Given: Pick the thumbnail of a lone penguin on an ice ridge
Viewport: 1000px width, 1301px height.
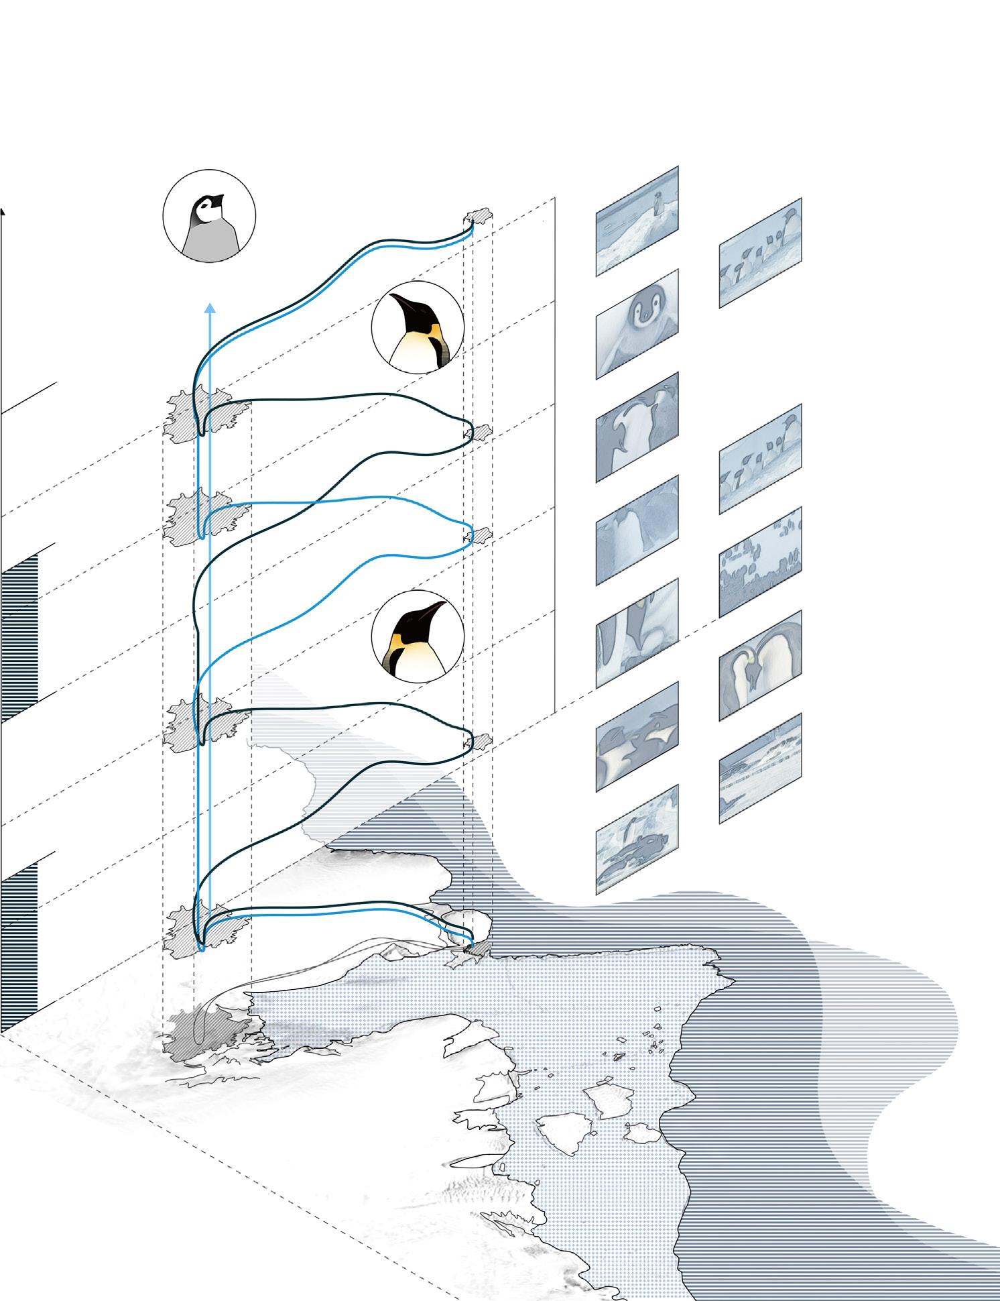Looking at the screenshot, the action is click(x=637, y=221).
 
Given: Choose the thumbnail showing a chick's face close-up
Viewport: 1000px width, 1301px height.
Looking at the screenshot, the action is click(x=637, y=324).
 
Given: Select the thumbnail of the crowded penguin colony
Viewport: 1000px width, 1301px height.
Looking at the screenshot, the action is click(x=760, y=562).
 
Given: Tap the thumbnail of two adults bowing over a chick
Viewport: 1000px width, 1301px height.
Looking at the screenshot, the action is click(x=760, y=665).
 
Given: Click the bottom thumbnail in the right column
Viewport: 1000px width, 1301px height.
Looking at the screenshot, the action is click(x=760, y=769).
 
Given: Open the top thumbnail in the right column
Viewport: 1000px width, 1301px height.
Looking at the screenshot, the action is click(x=760, y=253).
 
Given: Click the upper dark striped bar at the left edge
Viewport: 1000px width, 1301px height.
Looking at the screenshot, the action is click(x=19, y=637).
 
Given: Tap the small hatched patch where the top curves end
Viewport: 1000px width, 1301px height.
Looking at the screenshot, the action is click(x=479, y=219).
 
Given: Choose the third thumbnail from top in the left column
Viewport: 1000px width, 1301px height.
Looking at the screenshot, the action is click(x=637, y=427).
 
